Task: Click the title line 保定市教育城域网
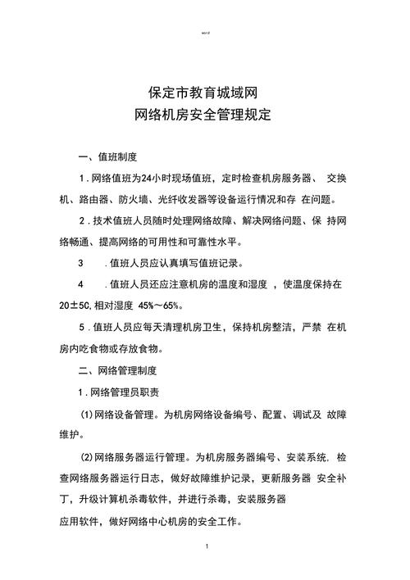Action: point(204,93)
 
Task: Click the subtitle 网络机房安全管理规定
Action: point(204,116)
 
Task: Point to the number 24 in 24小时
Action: point(147,178)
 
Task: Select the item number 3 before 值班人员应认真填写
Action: point(81,264)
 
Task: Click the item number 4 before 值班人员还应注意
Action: point(81,285)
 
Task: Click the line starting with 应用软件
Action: point(156,519)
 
